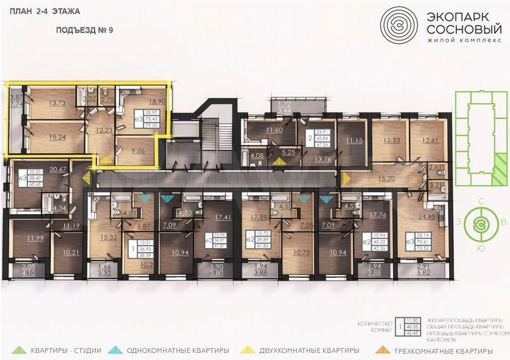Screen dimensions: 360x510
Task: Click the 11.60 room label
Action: click(x=274, y=130)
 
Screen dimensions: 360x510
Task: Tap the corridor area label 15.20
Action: click(x=386, y=180)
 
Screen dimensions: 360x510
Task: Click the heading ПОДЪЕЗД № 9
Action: click(x=85, y=32)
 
